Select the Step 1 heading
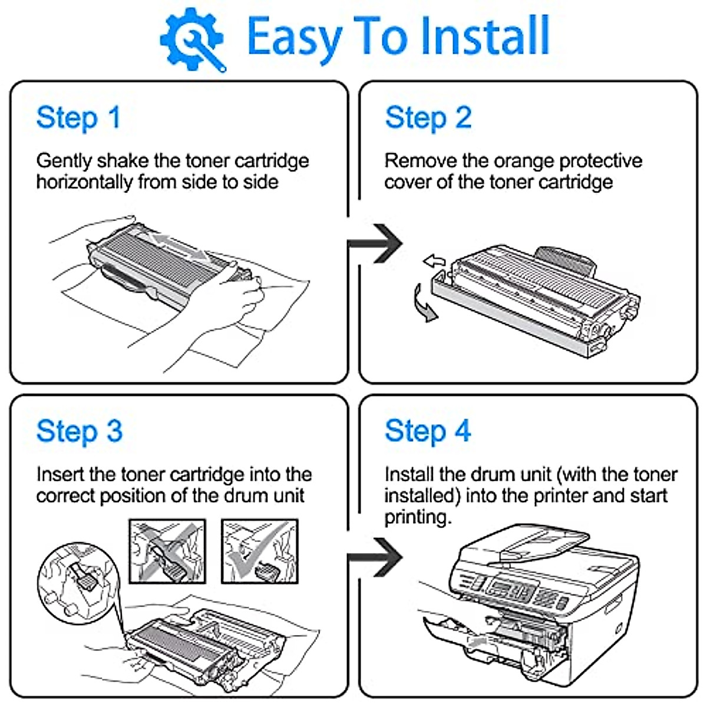[78, 118]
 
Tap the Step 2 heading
[428, 118]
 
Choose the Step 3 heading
[80, 431]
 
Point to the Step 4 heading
[428, 431]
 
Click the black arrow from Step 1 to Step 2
[377, 243]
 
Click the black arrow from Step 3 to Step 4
[377, 557]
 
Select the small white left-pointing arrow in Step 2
[434, 260]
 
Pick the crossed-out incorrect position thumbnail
[167, 551]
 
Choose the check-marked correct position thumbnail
[260, 551]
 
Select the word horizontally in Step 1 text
[84, 182]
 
